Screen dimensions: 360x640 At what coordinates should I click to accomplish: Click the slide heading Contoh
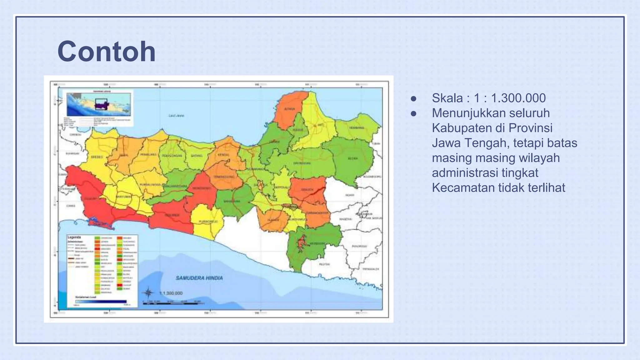pos(106,52)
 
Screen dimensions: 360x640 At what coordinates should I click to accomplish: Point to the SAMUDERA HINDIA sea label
pos(199,278)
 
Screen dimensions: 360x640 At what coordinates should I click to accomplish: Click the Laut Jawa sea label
pos(176,116)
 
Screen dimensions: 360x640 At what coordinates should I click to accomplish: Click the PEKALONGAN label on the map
pos(172,155)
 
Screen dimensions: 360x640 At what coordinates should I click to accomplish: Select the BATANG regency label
pos(196,155)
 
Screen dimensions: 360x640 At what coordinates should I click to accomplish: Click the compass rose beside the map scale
pos(148,293)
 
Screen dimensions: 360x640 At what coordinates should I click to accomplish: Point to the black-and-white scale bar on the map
pos(173,303)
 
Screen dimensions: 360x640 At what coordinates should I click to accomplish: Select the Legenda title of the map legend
pos(74,237)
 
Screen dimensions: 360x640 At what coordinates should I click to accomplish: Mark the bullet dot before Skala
pos(413,98)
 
